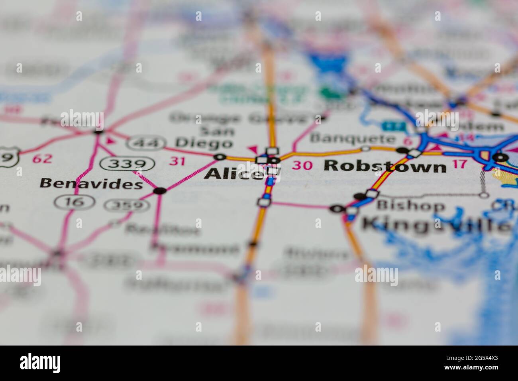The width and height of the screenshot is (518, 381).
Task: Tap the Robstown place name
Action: point(385,165)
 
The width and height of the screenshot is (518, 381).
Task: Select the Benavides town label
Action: point(91,183)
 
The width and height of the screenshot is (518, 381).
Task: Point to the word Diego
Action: point(204,142)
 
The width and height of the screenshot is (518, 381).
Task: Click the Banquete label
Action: point(353,138)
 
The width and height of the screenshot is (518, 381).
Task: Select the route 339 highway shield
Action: point(127,163)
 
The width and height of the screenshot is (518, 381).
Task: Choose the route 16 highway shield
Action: point(75,202)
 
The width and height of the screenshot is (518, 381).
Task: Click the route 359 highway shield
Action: point(127,205)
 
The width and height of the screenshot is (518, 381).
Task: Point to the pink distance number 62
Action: point(42,159)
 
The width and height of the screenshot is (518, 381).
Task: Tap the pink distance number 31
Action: point(177,161)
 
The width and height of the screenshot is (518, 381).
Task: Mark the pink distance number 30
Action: point(302,165)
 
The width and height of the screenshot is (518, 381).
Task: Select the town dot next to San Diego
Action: point(219,157)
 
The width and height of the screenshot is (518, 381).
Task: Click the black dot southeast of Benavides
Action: point(160,190)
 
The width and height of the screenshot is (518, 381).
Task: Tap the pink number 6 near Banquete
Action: point(408,141)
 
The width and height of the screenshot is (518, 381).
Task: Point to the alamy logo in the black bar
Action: point(40,363)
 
